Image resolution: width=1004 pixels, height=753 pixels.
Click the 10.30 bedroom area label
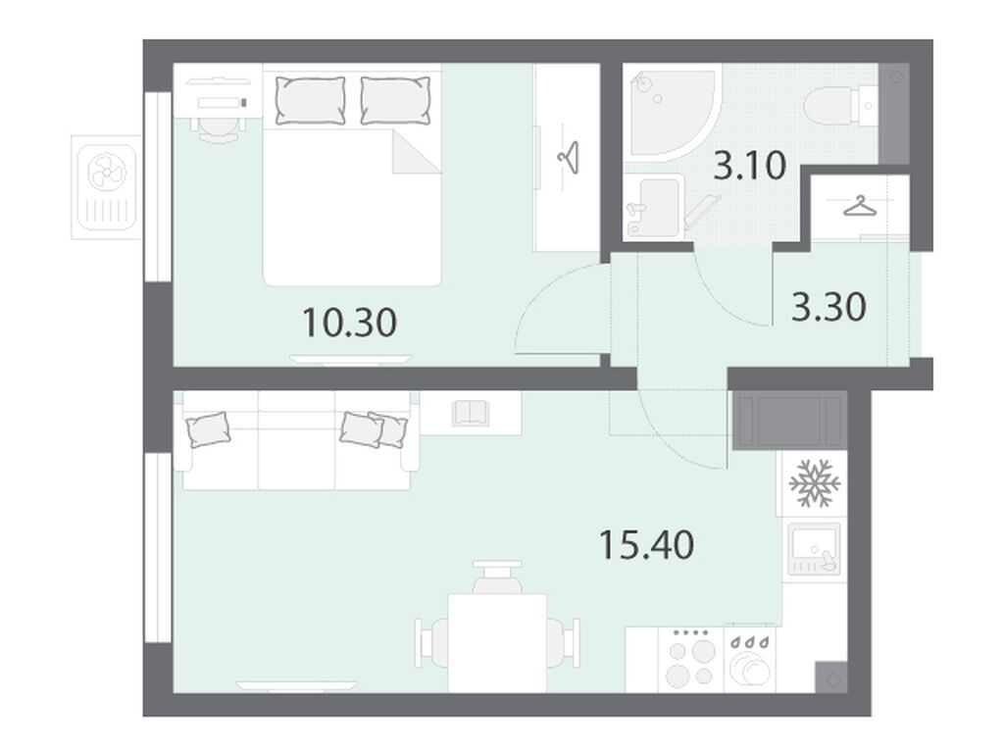(x=350, y=322)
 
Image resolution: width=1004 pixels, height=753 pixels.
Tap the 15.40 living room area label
(x=647, y=545)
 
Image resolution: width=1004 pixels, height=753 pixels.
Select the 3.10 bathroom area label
(x=749, y=166)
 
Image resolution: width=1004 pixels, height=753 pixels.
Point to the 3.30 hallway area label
(x=829, y=307)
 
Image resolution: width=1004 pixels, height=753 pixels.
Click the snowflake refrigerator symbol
(x=815, y=482)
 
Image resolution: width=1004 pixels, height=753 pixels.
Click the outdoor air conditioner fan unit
(x=107, y=187)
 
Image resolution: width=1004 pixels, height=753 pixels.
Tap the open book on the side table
(x=471, y=413)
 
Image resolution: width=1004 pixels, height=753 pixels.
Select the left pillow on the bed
(x=311, y=101)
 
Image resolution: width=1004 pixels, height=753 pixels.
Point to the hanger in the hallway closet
(x=859, y=206)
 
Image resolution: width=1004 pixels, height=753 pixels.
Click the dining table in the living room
(x=497, y=643)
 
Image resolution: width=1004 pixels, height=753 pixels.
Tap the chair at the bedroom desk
(x=219, y=130)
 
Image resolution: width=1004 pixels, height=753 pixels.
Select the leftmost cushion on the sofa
(x=208, y=428)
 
